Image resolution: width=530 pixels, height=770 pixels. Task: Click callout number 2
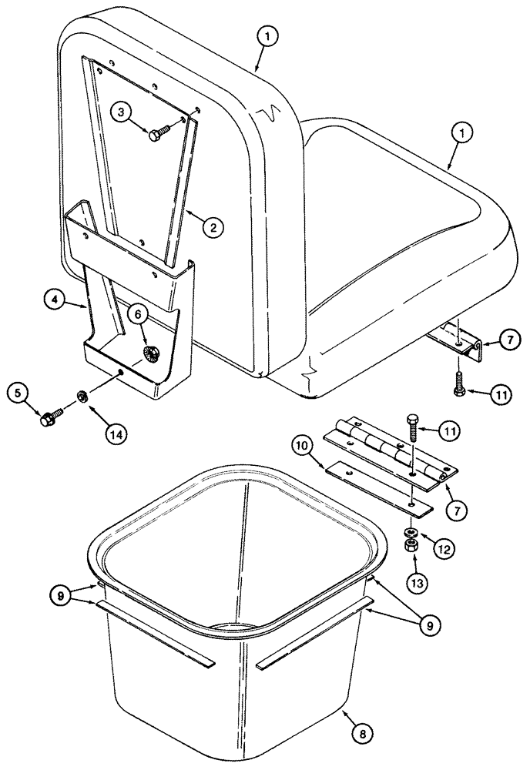[x=213, y=226]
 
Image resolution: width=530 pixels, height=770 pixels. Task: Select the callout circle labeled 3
[x=122, y=111]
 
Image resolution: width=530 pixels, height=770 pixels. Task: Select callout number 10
[x=303, y=445]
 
